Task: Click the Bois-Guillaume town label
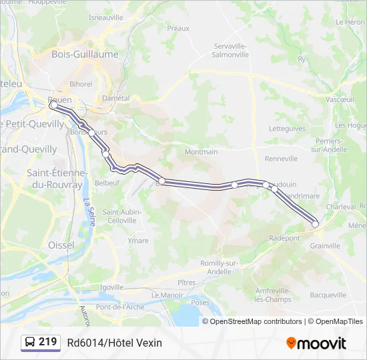pyautogui.click(x=85, y=55)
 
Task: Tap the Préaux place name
pyautogui.click(x=178, y=29)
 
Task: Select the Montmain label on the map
pyautogui.click(x=201, y=152)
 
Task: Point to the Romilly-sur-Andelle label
pyautogui.click(x=220, y=267)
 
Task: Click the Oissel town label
pyautogui.click(x=61, y=245)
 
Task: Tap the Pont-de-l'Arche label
pyautogui.click(x=119, y=307)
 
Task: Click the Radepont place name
pyautogui.click(x=284, y=238)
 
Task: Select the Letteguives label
pyautogui.click(x=286, y=129)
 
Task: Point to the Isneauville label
pyautogui.click(x=106, y=18)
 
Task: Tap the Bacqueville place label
pyautogui.click(x=328, y=295)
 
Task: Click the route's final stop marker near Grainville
pyautogui.click(x=315, y=225)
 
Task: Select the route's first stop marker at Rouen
pyautogui.click(x=53, y=104)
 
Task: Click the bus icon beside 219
pyautogui.click(x=30, y=343)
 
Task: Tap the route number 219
pyautogui.click(x=48, y=342)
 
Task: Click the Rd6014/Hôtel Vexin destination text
pyautogui.click(x=114, y=343)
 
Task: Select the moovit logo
pyautogui.click(x=316, y=343)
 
